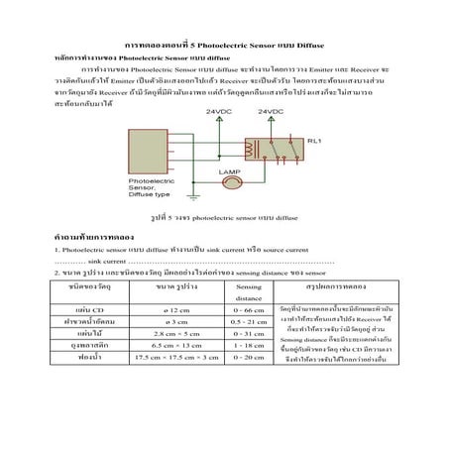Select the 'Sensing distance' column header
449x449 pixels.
pyautogui.click(x=249, y=289)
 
